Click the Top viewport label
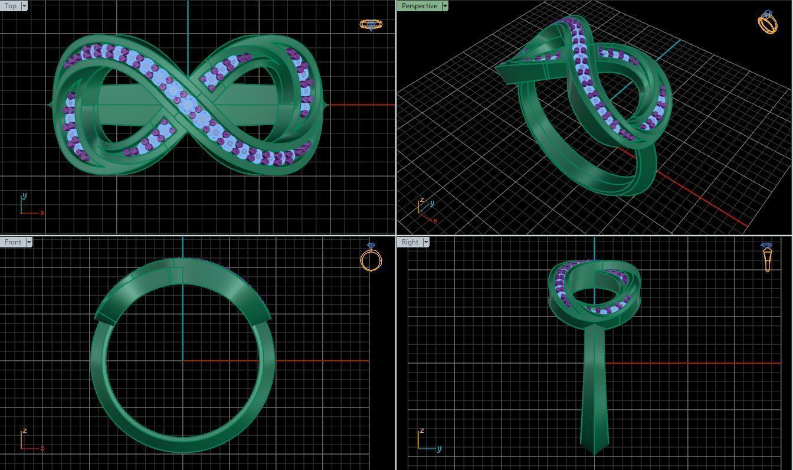[x=11, y=6]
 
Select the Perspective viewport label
[x=418, y=6]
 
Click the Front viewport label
[x=12, y=242]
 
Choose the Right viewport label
[x=409, y=242]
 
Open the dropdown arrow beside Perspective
[x=445, y=6]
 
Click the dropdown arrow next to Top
[x=24, y=6]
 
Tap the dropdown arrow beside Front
[x=29, y=242]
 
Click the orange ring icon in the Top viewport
[x=371, y=25]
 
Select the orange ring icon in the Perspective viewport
[x=767, y=22]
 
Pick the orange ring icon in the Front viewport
[x=371, y=257]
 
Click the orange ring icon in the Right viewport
[x=767, y=257]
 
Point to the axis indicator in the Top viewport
[x=30, y=205]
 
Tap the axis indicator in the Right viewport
[x=427, y=440]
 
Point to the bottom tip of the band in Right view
[x=594, y=453]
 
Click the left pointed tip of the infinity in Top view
[x=49, y=106]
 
